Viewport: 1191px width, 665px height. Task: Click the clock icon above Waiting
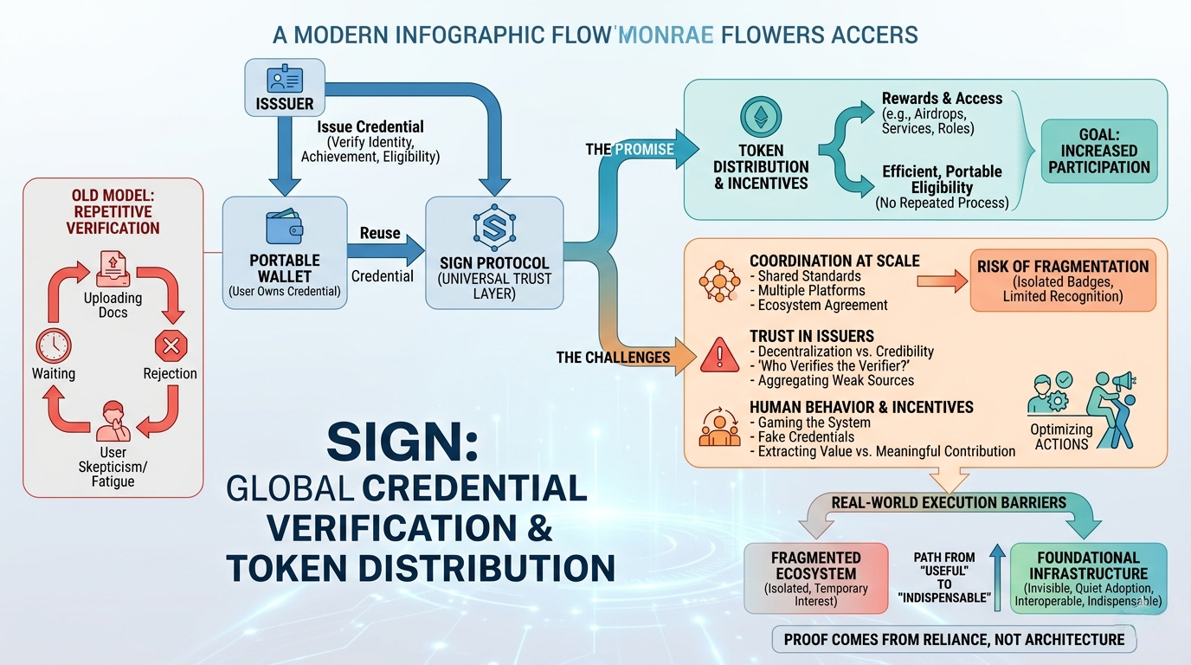click(54, 346)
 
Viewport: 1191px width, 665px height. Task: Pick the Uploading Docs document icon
click(113, 266)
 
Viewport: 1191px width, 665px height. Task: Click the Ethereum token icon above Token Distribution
click(761, 118)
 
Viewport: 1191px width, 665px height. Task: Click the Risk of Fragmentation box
click(1063, 281)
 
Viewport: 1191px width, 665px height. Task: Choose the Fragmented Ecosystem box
click(816, 578)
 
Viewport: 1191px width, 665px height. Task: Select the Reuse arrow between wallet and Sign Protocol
click(381, 254)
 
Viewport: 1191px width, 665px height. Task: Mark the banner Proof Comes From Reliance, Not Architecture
click(954, 639)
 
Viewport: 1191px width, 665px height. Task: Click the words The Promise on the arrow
click(630, 150)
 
